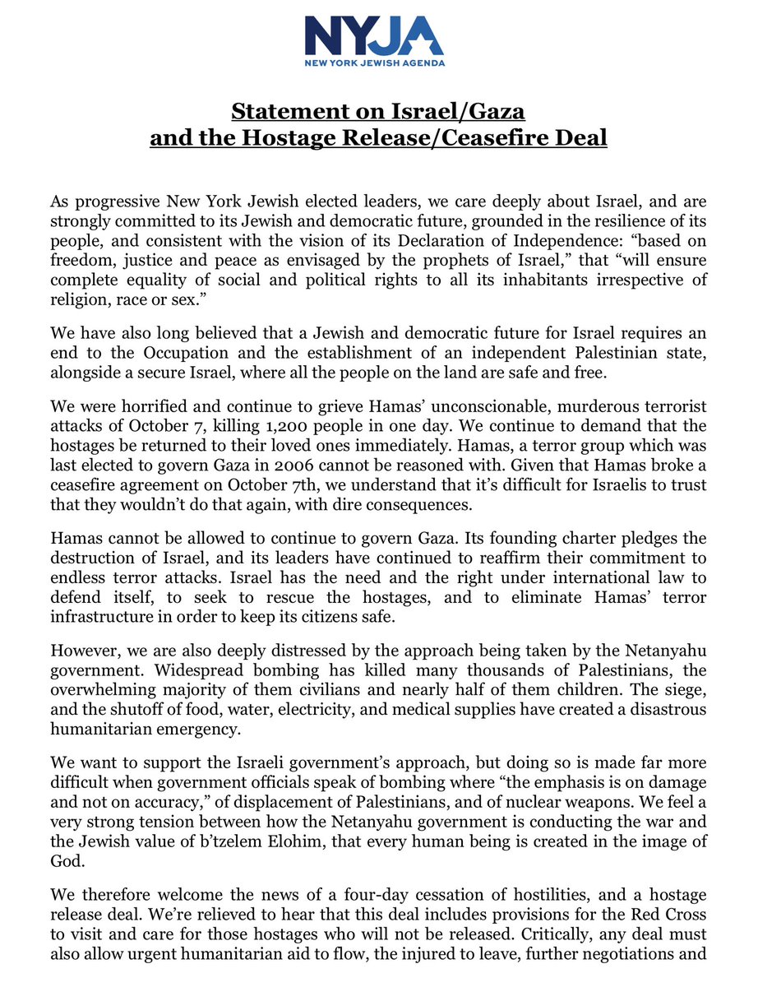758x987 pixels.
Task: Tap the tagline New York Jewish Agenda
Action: click(373, 63)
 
